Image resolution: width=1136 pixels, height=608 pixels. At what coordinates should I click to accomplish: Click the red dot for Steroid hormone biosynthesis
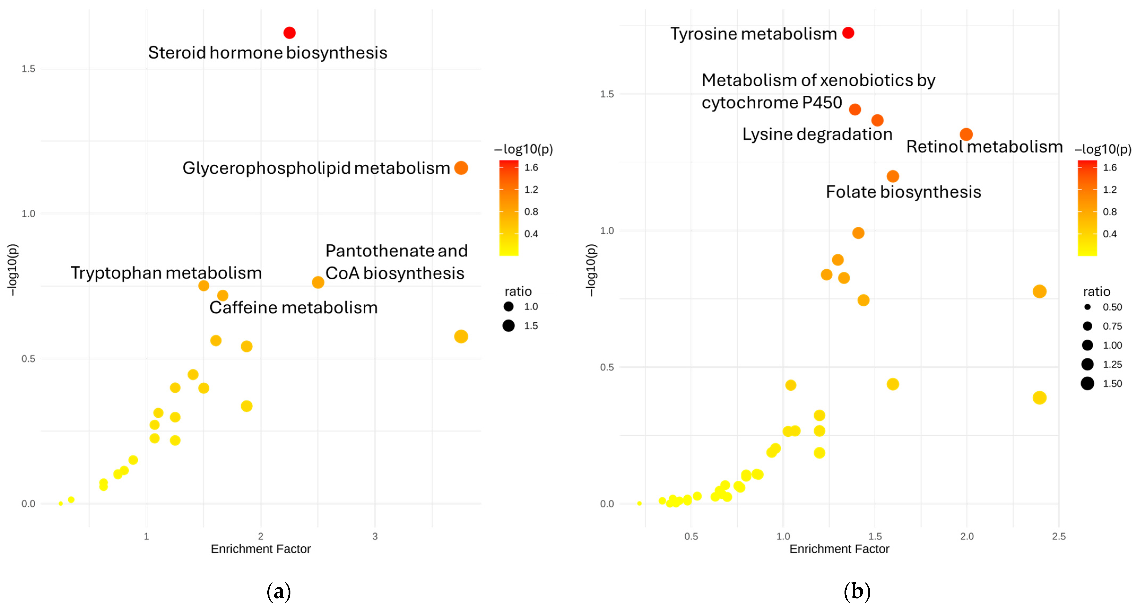point(289,33)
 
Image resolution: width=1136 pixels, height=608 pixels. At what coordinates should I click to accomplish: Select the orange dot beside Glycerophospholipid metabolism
point(461,168)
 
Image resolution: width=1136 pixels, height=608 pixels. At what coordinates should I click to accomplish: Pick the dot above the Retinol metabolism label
point(966,134)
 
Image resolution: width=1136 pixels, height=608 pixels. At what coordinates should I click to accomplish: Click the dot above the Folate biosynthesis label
point(893,176)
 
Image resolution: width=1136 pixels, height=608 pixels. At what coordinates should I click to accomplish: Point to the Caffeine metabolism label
point(293,308)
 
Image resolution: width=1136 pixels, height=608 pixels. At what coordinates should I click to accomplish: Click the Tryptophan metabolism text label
point(166,273)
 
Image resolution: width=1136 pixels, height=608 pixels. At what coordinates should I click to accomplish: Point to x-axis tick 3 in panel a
point(375,537)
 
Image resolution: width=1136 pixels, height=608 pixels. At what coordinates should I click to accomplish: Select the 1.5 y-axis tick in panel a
point(28,69)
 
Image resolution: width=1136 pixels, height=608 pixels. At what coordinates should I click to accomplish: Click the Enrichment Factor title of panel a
point(261,549)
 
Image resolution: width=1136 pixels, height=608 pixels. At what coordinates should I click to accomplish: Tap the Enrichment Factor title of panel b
point(839,549)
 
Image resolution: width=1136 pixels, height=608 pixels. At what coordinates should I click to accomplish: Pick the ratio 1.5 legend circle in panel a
point(508,326)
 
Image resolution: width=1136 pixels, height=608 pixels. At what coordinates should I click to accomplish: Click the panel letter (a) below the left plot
point(279,591)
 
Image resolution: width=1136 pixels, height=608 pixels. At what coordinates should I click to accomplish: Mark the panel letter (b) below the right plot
point(857,591)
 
